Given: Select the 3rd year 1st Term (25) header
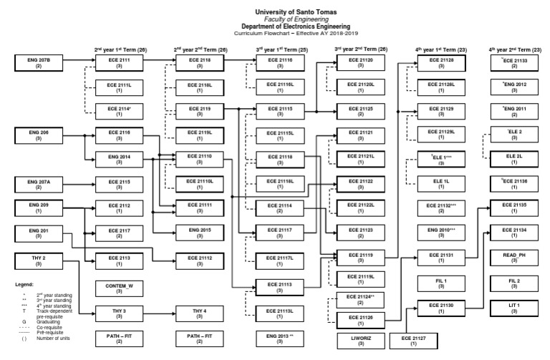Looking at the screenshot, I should [x=279, y=49].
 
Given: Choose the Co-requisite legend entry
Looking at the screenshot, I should [x=58, y=330].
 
